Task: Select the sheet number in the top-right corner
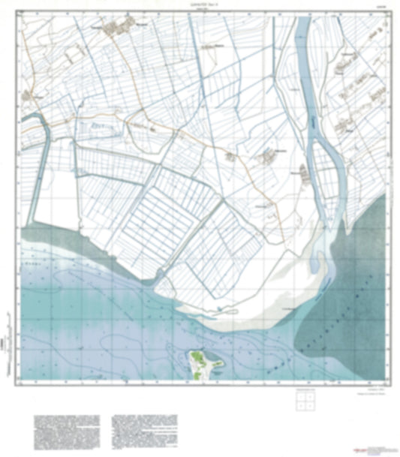point(381,7)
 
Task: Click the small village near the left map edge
point(32,95)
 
